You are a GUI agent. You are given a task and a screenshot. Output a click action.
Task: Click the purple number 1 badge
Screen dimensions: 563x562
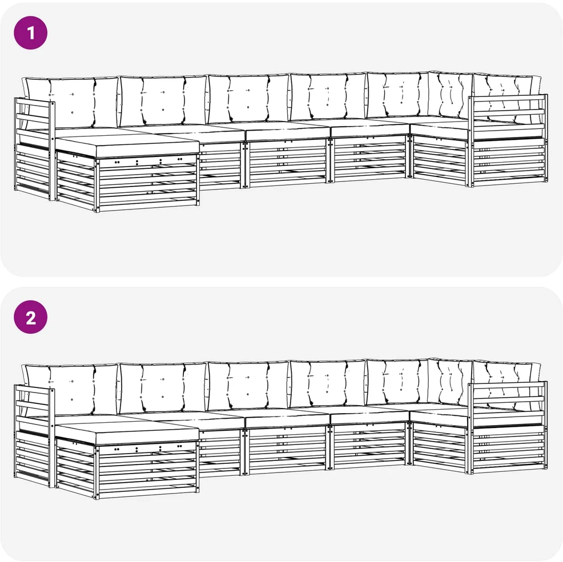pos(30,33)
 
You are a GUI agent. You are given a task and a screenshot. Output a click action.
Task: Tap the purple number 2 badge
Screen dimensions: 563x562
pos(30,317)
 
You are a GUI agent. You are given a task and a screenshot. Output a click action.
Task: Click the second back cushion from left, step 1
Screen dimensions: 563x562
pos(163,100)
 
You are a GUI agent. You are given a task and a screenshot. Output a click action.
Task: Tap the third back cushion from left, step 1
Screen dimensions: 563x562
pos(248,98)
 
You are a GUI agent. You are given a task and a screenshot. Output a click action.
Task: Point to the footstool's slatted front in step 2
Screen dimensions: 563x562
pos(147,470)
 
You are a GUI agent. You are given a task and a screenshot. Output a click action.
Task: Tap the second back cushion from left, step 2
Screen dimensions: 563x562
pos(163,387)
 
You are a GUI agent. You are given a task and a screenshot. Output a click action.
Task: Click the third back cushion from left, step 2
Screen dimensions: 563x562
pos(248,386)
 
